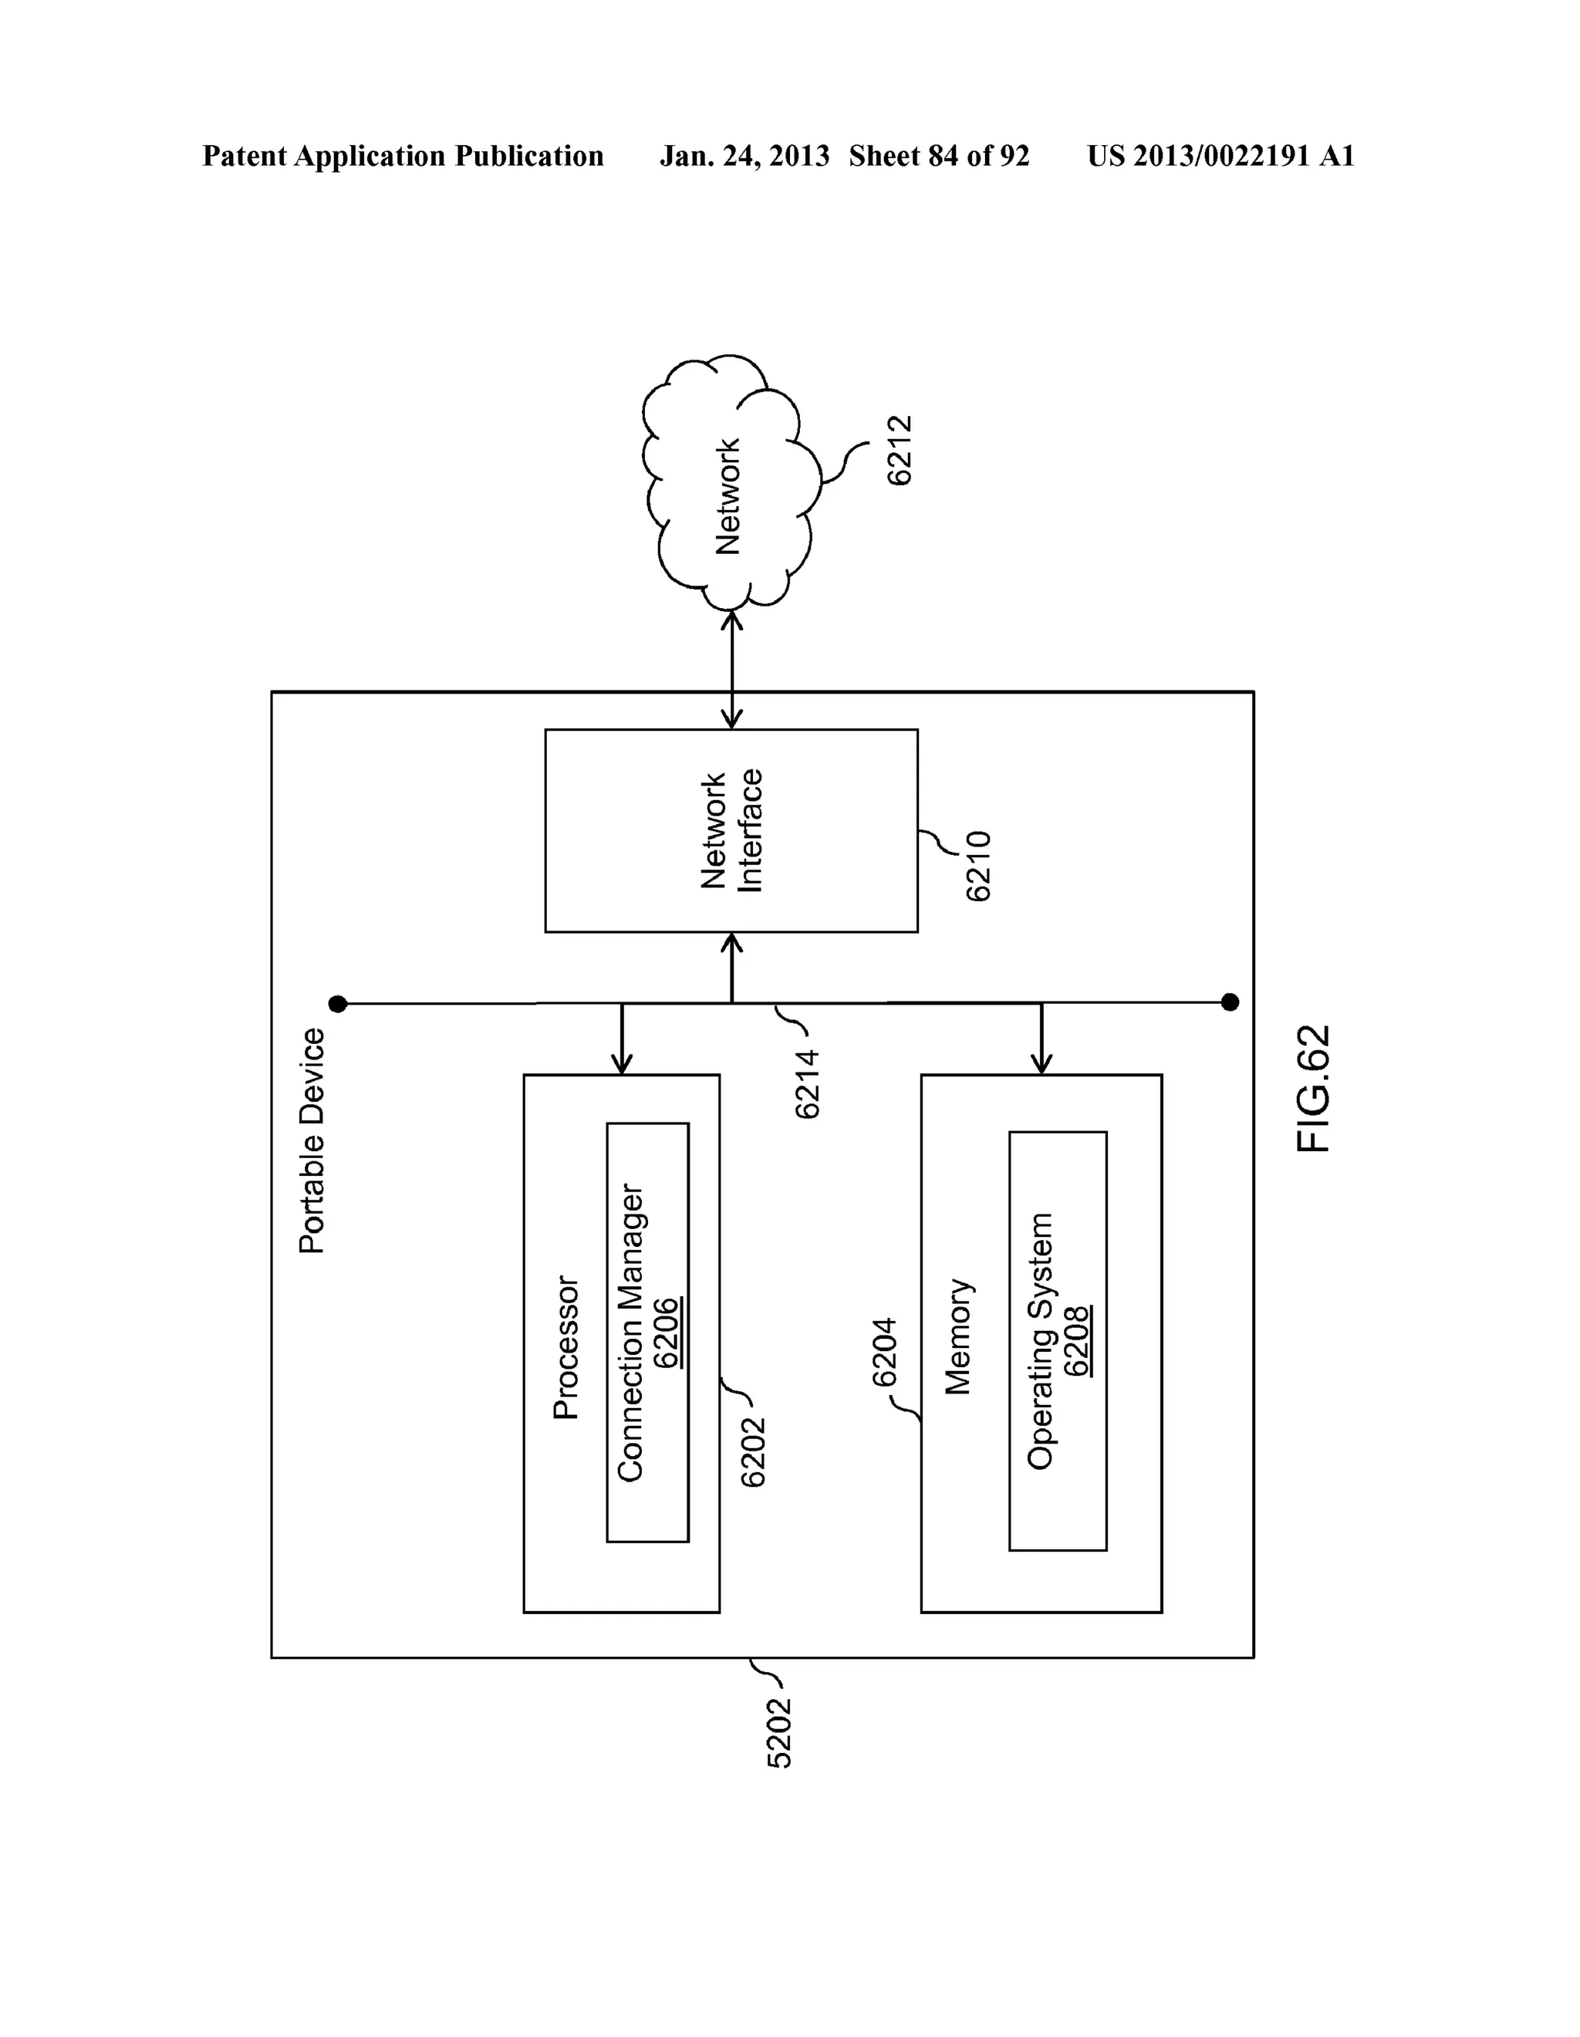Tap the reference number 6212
click(899, 451)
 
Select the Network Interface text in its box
click(732, 830)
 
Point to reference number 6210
click(978, 866)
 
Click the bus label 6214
click(807, 1084)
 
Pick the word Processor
click(566, 1348)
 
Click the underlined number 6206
click(666, 1333)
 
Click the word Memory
click(958, 1336)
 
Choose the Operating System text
click(1040, 1341)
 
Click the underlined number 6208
click(1077, 1341)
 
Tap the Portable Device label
click(312, 1140)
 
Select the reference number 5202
click(778, 1733)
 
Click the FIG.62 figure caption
click(1314, 1089)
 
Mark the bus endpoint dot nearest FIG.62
click(1231, 1002)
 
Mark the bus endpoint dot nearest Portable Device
click(338, 1004)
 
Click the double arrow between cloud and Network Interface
click(732, 669)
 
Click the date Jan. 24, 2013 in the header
click(744, 156)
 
